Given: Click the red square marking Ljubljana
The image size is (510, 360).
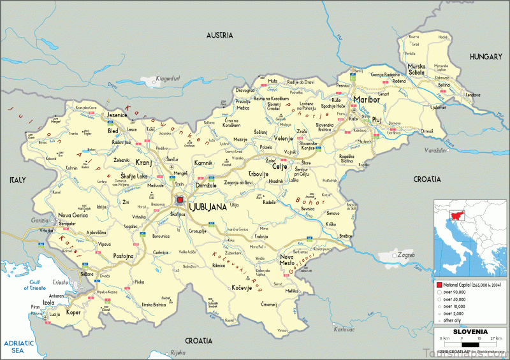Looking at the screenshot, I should (x=180, y=199).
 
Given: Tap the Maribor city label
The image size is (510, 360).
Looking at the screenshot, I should (x=367, y=100).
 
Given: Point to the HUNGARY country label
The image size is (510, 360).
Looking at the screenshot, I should (x=486, y=57).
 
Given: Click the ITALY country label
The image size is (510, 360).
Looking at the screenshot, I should (x=17, y=181).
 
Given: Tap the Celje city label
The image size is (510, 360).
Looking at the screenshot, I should (x=280, y=166).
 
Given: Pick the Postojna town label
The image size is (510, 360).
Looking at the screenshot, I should (x=123, y=256).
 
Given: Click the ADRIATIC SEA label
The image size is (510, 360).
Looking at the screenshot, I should (x=17, y=346).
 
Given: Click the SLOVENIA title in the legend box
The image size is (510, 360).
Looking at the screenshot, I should (x=470, y=332).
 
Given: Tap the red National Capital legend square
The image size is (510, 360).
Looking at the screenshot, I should (x=439, y=285).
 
